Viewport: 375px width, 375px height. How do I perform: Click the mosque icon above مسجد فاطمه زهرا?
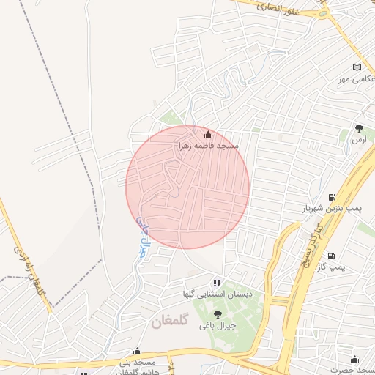coord(208,134)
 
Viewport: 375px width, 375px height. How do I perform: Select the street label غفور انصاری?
coord(278,7)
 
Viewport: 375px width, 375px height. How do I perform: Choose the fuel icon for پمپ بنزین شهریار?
coord(333,197)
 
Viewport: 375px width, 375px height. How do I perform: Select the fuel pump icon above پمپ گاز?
coord(333,256)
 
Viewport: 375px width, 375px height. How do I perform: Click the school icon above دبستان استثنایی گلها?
coord(216,282)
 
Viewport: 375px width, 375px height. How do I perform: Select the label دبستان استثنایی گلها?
coord(219,294)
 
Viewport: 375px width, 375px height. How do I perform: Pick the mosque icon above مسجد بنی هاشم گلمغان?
coord(137,352)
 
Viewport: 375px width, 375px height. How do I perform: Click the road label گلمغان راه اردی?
coord(28,275)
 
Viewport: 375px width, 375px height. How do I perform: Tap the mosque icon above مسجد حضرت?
coord(355,360)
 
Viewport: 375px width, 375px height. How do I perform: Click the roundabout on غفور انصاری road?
coord(323,12)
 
